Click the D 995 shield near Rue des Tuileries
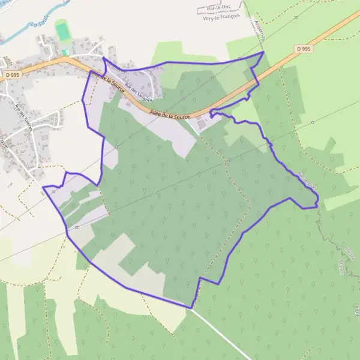(10, 74)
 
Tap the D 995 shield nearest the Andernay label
(303, 49)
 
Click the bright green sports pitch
(62, 30)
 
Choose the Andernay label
(259, 27)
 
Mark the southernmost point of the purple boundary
(191, 308)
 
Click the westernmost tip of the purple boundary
(43, 187)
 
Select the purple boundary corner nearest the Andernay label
(263, 52)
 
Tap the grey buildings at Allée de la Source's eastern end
(201, 124)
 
